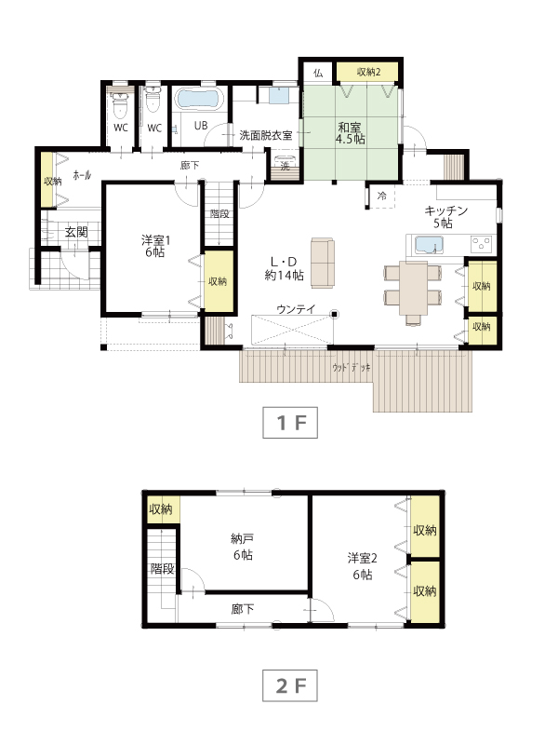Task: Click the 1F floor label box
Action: coord(290,423)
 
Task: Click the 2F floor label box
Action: coord(290,685)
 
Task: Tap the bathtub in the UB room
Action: coord(198,100)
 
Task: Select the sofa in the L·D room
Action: coord(323,263)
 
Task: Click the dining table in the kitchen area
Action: coord(413,288)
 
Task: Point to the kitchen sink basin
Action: coord(430,245)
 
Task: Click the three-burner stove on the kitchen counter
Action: coord(481,244)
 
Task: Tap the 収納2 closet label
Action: coord(368,73)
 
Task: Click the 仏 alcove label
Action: coord(318,74)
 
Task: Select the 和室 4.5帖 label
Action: coord(351,133)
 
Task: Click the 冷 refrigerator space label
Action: coord(382,196)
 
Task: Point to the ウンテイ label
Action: coord(296,309)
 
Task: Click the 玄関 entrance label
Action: coord(76,232)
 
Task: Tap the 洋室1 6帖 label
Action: coord(155,246)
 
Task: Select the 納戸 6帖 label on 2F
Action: coord(243,547)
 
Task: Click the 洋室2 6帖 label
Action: coord(362,566)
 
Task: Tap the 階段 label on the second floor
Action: coord(162,568)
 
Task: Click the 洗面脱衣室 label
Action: coord(266,135)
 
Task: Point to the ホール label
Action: coord(82,175)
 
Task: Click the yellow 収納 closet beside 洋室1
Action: coord(219,281)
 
